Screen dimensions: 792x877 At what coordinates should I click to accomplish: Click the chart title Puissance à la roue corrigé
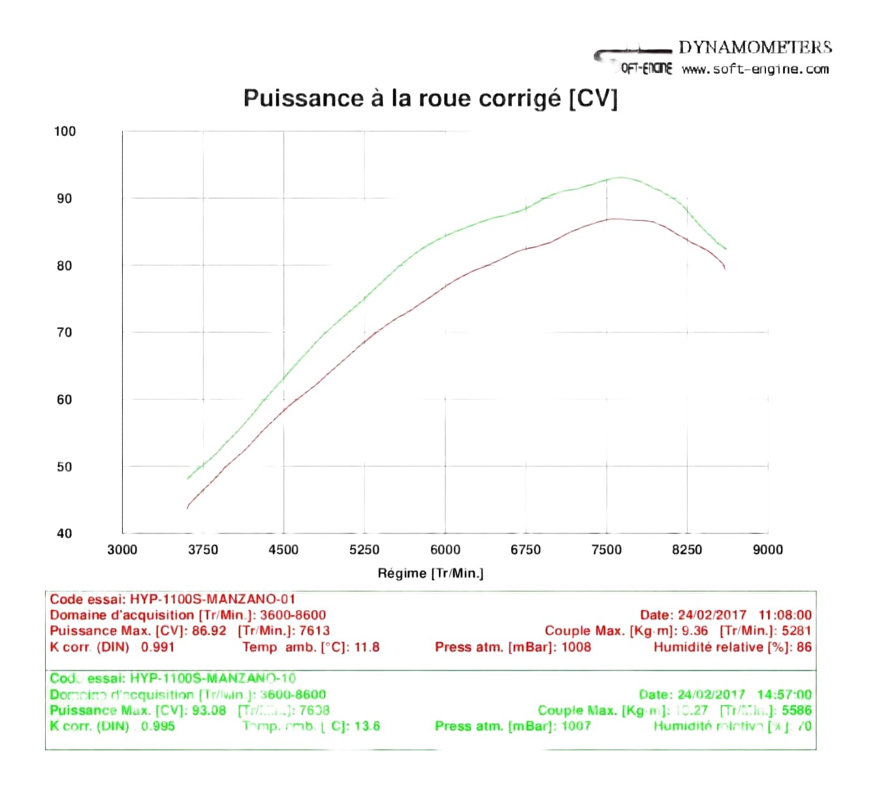pos(430,99)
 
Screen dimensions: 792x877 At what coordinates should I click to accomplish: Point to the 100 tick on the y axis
pos(65,131)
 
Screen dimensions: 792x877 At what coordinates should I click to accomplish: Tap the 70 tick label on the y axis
pos(65,332)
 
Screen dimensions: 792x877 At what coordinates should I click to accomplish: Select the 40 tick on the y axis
pos(65,533)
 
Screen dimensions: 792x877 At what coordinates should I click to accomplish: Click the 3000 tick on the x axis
pos(122,550)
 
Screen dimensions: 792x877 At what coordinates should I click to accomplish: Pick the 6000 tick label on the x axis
pos(445,550)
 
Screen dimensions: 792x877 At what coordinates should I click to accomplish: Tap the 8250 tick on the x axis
pos(687,550)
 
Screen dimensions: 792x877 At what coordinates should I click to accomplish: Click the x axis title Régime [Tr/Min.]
pos(430,573)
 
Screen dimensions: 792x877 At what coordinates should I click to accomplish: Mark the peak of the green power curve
pos(618,178)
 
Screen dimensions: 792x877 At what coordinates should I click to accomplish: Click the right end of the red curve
pos(724,267)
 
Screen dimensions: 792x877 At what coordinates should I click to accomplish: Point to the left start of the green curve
pos(188,479)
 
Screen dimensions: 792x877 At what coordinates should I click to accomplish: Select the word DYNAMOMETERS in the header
pos(755,48)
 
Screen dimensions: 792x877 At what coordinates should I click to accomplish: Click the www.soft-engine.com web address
pos(755,69)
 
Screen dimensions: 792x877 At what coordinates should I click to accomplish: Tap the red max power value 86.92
pos(209,631)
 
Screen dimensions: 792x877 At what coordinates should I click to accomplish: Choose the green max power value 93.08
pos(209,710)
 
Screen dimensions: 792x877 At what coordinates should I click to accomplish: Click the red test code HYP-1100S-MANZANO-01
pos(213,599)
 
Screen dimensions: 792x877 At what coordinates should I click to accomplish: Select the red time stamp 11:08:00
pos(785,615)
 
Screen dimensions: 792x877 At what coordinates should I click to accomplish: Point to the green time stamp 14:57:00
pos(784,695)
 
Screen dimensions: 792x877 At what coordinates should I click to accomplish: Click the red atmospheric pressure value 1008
pos(576,647)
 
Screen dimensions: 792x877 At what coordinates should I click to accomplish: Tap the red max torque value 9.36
pos(695,631)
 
